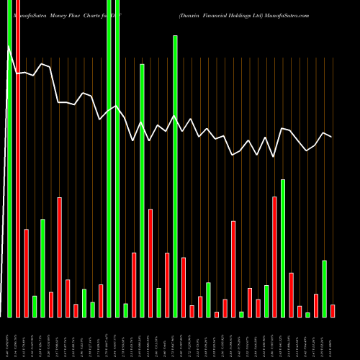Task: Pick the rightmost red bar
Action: pos(333,310)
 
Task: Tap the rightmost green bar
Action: pos(324,288)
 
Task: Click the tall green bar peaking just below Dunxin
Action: pos(175,176)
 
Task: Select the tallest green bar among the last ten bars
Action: pos(283,248)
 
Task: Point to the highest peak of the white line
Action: pos(9,46)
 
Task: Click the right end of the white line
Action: pos(332,137)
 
